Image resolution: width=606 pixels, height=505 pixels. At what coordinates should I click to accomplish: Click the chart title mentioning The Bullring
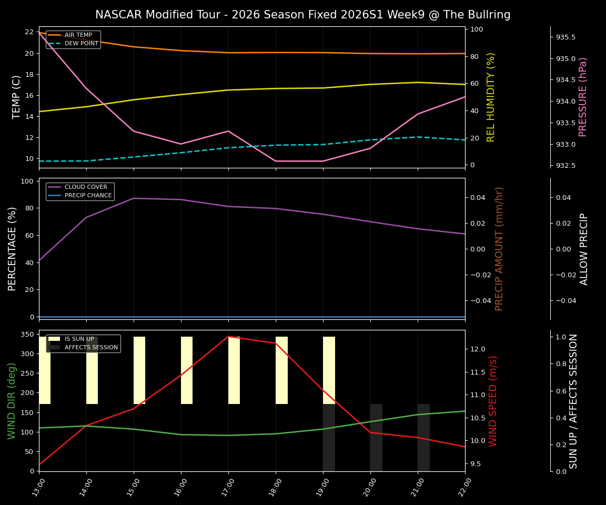[x=302, y=15]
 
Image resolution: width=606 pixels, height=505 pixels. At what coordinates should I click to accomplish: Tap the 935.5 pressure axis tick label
[x=565, y=37]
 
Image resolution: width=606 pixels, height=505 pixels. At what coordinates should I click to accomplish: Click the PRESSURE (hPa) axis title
[x=583, y=97]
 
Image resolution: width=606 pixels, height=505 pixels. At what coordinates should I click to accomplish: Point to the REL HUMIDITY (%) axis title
[x=491, y=97]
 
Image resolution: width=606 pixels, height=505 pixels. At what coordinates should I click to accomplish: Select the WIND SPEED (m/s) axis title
[x=493, y=401]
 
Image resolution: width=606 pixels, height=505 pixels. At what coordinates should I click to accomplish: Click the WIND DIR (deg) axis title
[x=12, y=401]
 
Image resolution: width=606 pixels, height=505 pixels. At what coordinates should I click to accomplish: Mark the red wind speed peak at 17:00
[x=228, y=336]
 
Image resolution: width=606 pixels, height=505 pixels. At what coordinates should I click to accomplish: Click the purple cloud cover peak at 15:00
[x=134, y=198]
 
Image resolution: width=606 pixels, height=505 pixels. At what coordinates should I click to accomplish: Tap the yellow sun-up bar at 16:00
[x=187, y=370]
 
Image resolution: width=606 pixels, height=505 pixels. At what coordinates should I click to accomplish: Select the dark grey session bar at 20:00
[x=376, y=437]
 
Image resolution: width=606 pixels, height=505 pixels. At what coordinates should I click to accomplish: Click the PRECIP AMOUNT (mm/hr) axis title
[x=499, y=249]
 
